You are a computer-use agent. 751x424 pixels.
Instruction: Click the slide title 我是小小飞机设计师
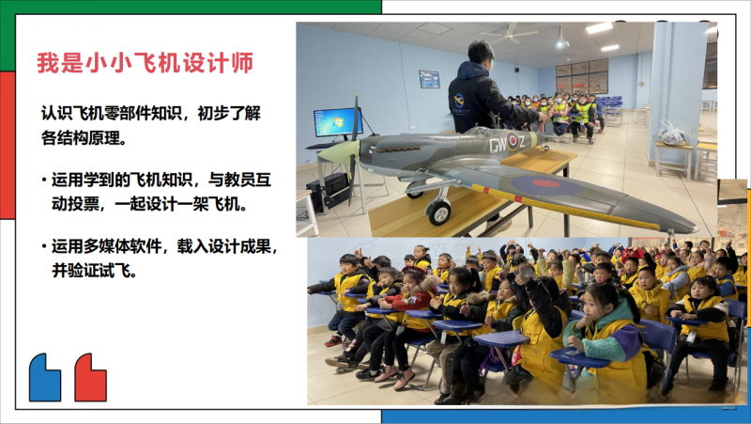click(x=146, y=64)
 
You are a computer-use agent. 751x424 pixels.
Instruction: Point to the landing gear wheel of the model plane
click(x=438, y=212)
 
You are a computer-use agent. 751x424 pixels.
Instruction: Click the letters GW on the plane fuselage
click(x=497, y=144)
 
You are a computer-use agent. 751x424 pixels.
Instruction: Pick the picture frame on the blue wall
click(x=429, y=79)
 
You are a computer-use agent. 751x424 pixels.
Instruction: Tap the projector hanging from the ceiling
click(x=561, y=42)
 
